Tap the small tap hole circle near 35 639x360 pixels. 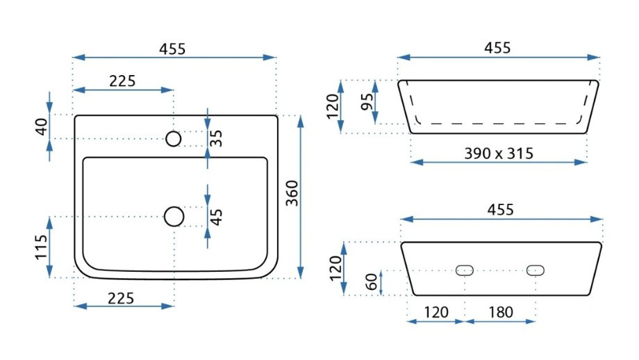pyautogui.click(x=174, y=139)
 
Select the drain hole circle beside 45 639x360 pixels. pyautogui.click(x=174, y=217)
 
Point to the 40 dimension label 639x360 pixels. pyautogui.click(x=42, y=126)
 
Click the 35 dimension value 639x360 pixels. pyautogui.click(x=217, y=138)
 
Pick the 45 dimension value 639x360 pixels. pyautogui.click(x=217, y=217)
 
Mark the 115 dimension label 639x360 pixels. pyautogui.click(x=42, y=247)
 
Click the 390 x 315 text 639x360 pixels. pyautogui.click(x=499, y=154)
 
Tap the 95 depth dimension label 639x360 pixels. pyautogui.click(x=367, y=102)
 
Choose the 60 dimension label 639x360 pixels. pyautogui.click(x=372, y=282)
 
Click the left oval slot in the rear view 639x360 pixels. pyautogui.click(x=464, y=270)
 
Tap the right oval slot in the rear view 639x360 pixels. pyautogui.click(x=535, y=270)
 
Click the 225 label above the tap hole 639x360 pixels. pyautogui.click(x=122, y=81)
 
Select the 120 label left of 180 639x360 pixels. pyautogui.click(x=435, y=312)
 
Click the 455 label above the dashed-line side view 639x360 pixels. pyautogui.click(x=498, y=48)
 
